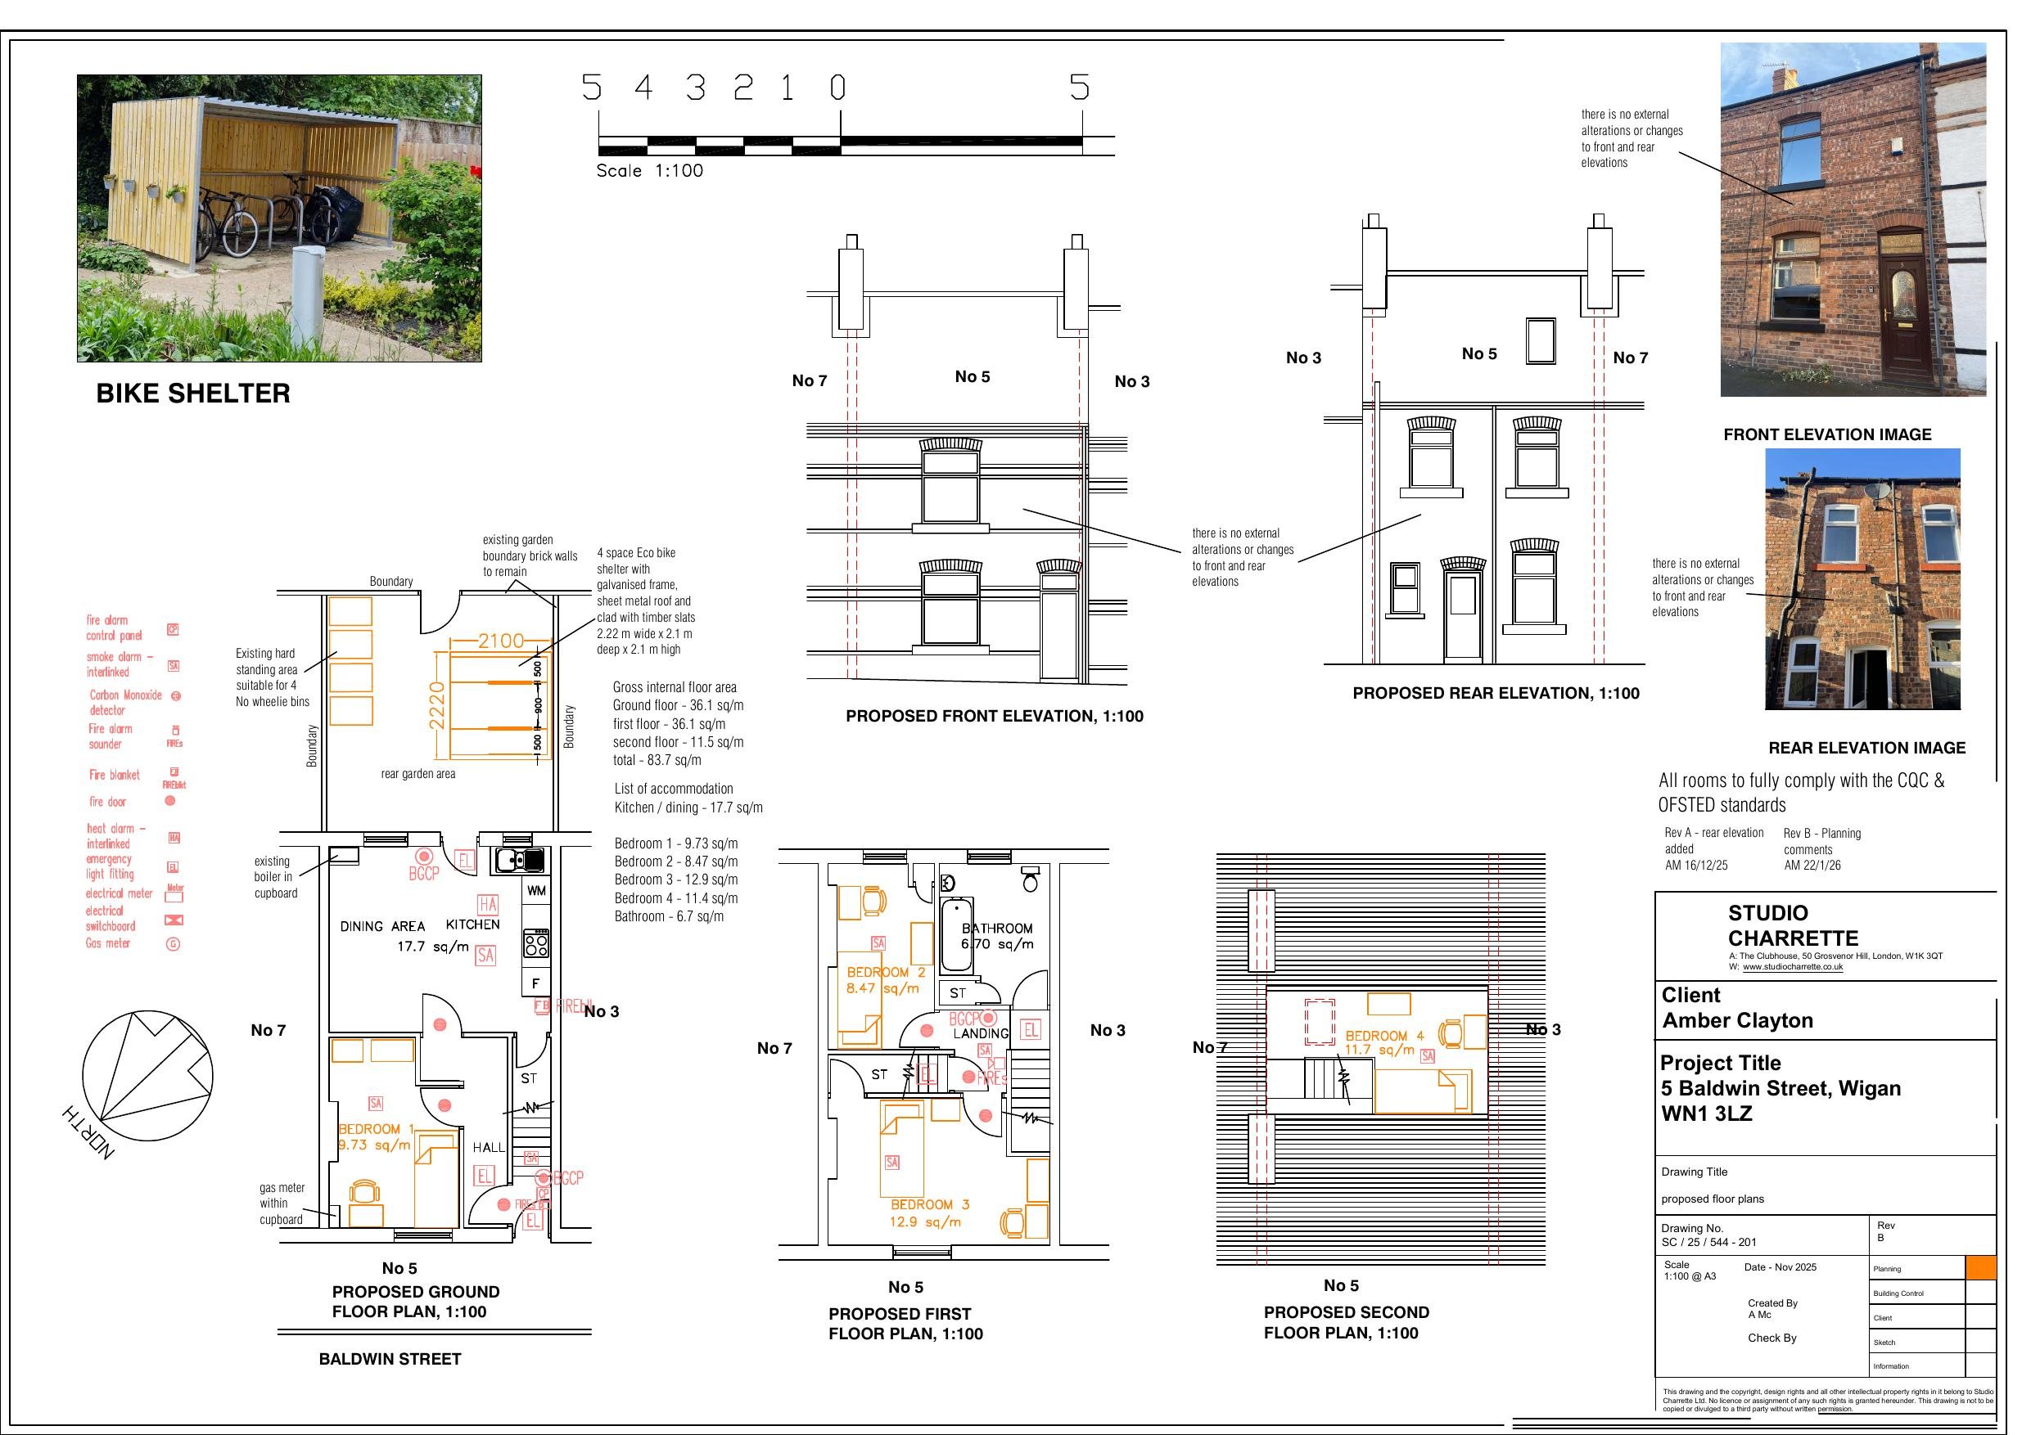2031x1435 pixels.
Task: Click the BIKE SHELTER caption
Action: pos(193,394)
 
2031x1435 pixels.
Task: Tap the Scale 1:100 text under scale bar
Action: pos(649,171)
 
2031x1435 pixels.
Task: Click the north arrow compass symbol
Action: pos(147,1076)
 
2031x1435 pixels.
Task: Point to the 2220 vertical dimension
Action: pos(436,704)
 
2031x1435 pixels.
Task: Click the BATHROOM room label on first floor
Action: pos(997,929)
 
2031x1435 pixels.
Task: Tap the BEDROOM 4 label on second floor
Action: pos(1384,1036)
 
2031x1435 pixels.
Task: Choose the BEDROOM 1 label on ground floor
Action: pos(376,1129)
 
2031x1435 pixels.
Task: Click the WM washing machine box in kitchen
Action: pos(536,890)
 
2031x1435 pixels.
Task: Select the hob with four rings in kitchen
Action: pos(536,944)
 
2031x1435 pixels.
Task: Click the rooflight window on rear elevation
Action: pos(1540,341)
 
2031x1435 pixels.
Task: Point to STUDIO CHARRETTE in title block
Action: pos(1792,926)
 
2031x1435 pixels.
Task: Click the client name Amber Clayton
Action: pos(1737,1020)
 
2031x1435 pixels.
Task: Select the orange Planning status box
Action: pos(1979,1268)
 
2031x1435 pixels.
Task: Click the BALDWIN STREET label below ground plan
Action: pos(390,1359)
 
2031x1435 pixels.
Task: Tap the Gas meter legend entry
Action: pos(108,943)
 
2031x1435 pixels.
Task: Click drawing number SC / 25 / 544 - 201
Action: pos(1709,1242)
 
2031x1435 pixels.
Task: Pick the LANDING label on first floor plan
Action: pos(980,1033)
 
